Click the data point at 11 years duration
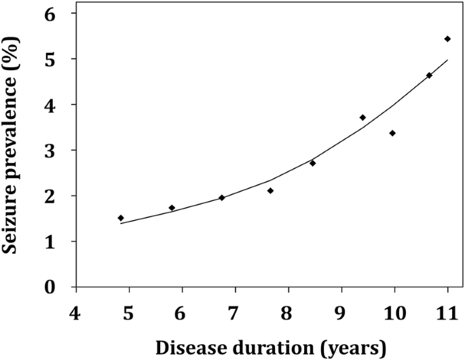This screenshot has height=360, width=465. pos(447,39)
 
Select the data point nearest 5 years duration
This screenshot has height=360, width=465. pos(121,218)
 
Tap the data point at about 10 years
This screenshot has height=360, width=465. pos(392,133)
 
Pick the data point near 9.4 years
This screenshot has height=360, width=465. pos(362,118)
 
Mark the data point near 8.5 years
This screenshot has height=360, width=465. pos(312,163)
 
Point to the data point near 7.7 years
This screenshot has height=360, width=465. pos(270,191)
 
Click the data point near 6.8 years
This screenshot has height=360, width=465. pos(221,198)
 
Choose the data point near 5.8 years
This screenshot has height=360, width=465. pos(172,208)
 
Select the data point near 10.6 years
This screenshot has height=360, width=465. pos(429,75)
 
